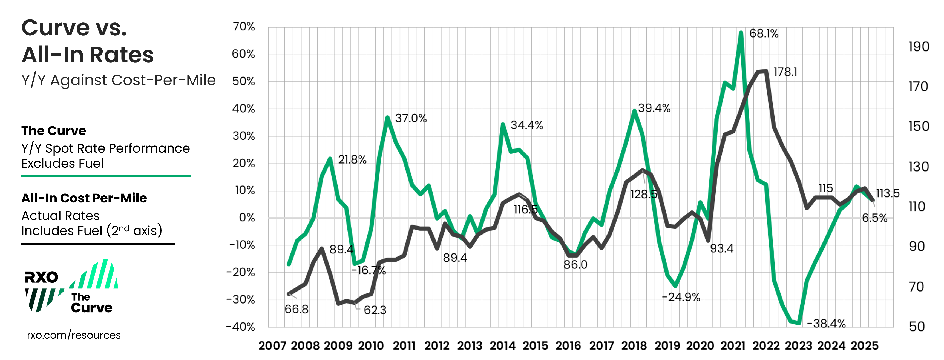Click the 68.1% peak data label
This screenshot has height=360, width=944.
763,34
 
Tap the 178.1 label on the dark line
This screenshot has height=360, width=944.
785,72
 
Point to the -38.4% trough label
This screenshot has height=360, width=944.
826,323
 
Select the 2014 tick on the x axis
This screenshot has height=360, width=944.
502,346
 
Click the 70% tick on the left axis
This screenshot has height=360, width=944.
243,27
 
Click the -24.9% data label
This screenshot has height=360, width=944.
681,297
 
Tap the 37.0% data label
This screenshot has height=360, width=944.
411,118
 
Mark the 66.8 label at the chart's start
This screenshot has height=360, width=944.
296,309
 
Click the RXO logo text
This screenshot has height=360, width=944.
41,277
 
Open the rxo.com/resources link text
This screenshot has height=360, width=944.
74,335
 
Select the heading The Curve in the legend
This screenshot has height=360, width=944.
53,131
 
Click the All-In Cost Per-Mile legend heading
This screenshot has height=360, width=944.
84,198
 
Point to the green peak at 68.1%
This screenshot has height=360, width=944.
741,33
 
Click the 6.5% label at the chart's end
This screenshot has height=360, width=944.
874,218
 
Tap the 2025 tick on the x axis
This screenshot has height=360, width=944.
865,346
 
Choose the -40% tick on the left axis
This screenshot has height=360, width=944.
240,327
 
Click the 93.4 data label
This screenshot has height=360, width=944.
722,248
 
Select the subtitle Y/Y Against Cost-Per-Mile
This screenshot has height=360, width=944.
118,80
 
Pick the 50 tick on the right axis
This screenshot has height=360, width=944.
917,327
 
